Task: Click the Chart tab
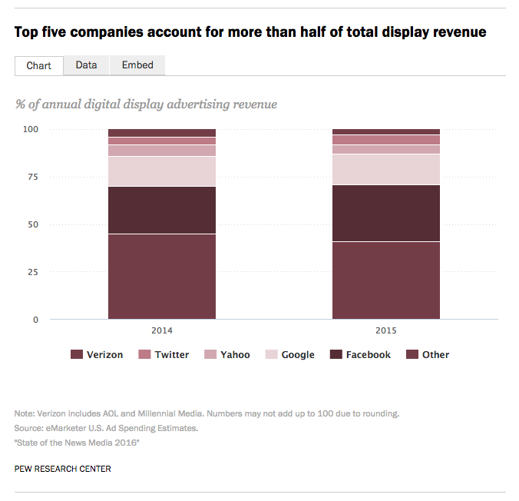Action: tap(38, 65)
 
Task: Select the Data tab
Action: tap(86, 65)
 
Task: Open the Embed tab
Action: tap(137, 65)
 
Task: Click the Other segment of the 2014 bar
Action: tap(161, 276)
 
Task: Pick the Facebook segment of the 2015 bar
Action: tap(385, 213)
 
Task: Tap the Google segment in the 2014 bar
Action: tap(161, 171)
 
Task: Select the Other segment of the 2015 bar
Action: tap(385, 280)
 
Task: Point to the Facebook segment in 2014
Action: tap(161, 210)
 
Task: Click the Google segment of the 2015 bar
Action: tap(385, 169)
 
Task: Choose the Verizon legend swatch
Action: tap(76, 354)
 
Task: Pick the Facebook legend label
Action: tap(368, 354)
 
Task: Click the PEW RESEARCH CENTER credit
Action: tap(62, 469)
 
